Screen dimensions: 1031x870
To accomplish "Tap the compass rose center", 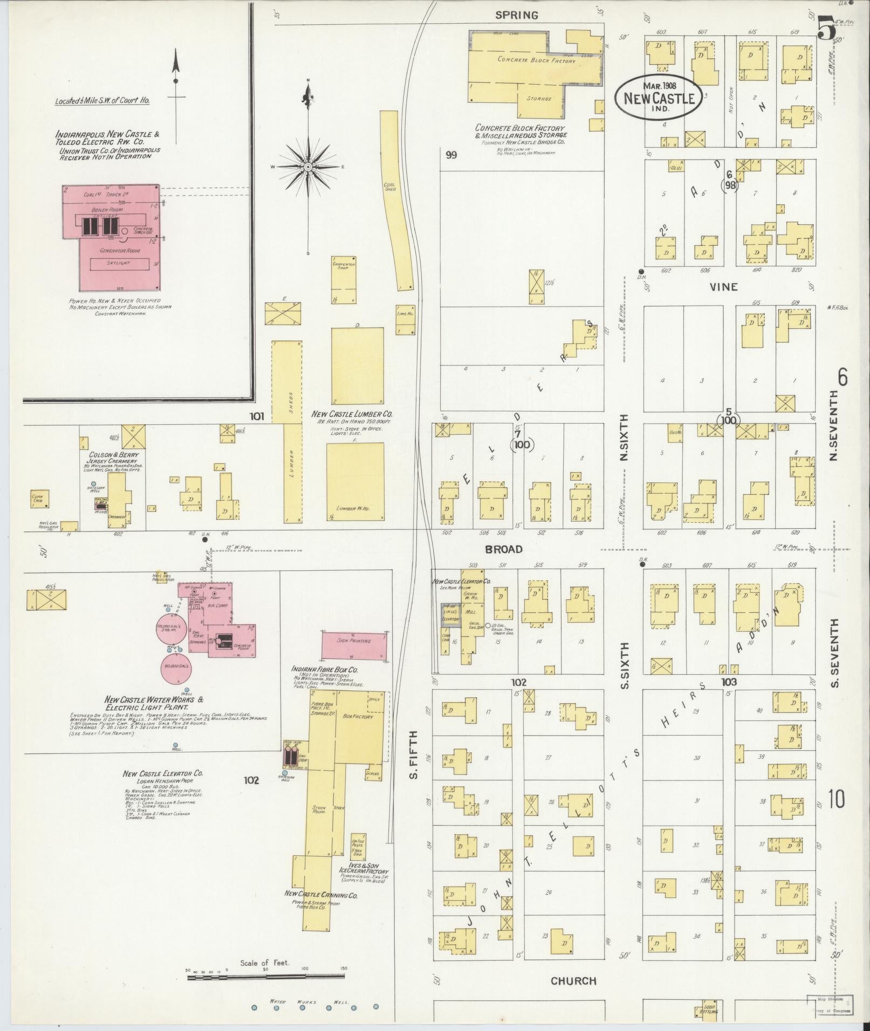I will tap(307, 167).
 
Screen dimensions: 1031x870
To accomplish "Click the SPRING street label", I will tap(517, 15).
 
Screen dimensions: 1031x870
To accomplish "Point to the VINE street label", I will tap(724, 287).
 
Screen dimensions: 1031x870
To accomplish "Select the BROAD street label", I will tap(504, 549).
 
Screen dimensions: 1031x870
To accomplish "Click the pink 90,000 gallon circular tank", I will tap(175, 668).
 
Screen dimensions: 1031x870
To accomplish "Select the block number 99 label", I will tap(451, 155).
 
